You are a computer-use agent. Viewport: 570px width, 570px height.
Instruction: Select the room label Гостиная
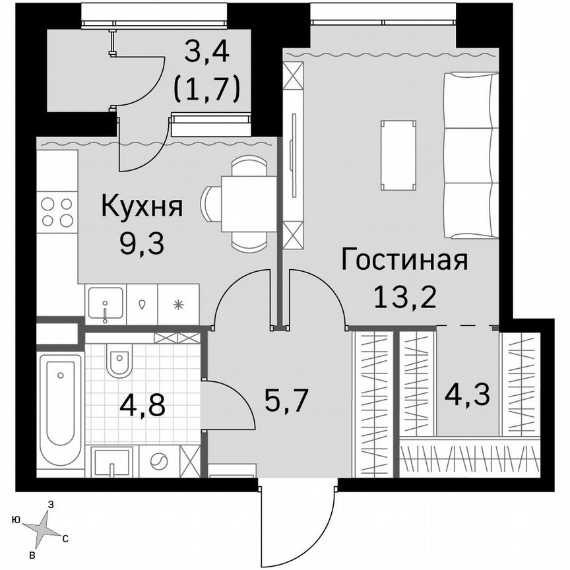coord(404,260)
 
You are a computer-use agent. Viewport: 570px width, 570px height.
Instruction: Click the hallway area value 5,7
coord(286,400)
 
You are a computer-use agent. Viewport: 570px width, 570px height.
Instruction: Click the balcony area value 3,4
coord(206,51)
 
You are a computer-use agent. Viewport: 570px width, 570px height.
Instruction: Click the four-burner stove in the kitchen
coord(57,212)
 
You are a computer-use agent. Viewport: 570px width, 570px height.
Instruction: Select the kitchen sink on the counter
coord(105,304)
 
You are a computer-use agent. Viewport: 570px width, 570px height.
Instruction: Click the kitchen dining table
coord(248,204)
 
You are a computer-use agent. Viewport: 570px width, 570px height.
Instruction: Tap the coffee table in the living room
coord(398,156)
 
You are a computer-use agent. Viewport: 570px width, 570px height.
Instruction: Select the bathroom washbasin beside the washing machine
coord(112,461)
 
